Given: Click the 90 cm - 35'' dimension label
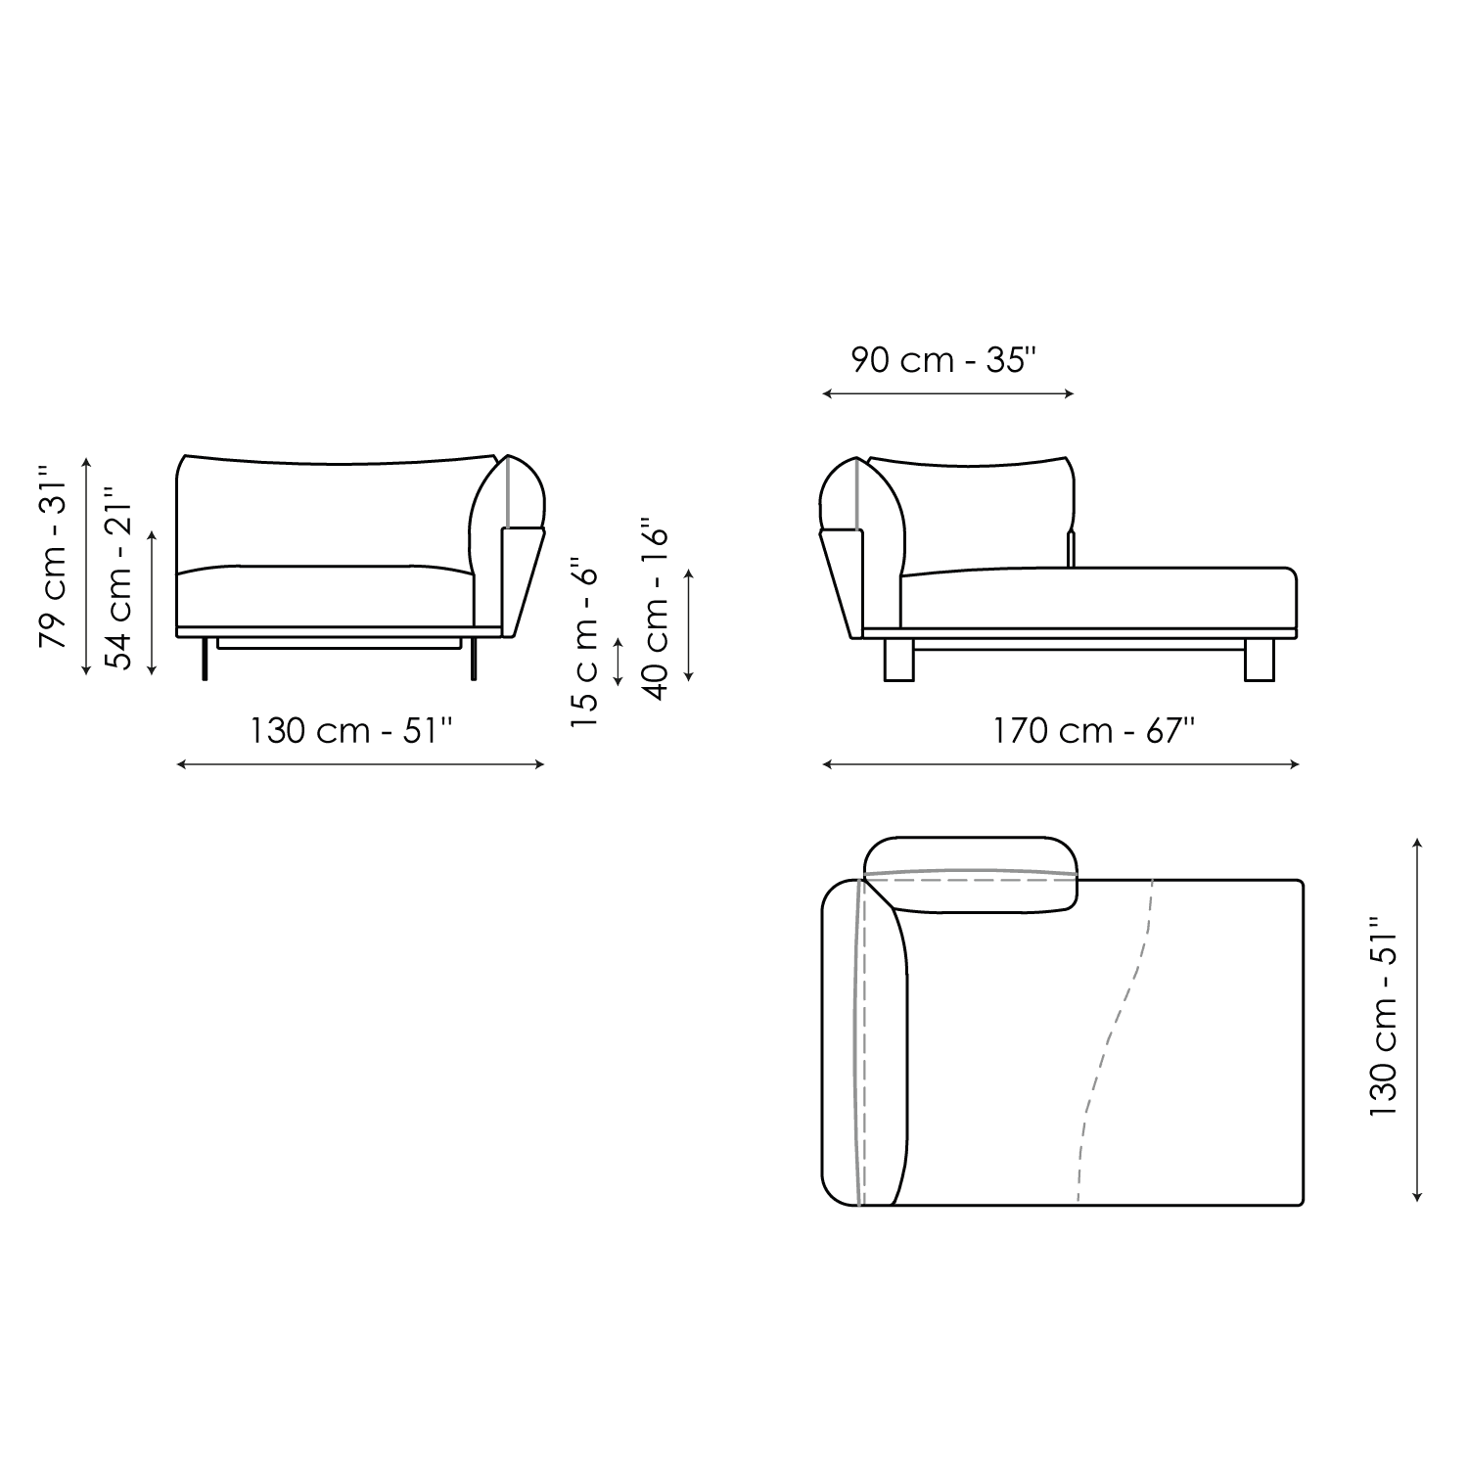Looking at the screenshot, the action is [x=942, y=360].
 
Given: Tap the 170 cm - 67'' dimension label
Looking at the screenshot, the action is [x=1094, y=730].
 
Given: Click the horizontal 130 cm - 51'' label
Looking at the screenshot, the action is [x=351, y=730].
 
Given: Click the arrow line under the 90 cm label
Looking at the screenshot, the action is [x=948, y=393].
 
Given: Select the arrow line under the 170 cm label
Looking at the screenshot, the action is [x=1061, y=764].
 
